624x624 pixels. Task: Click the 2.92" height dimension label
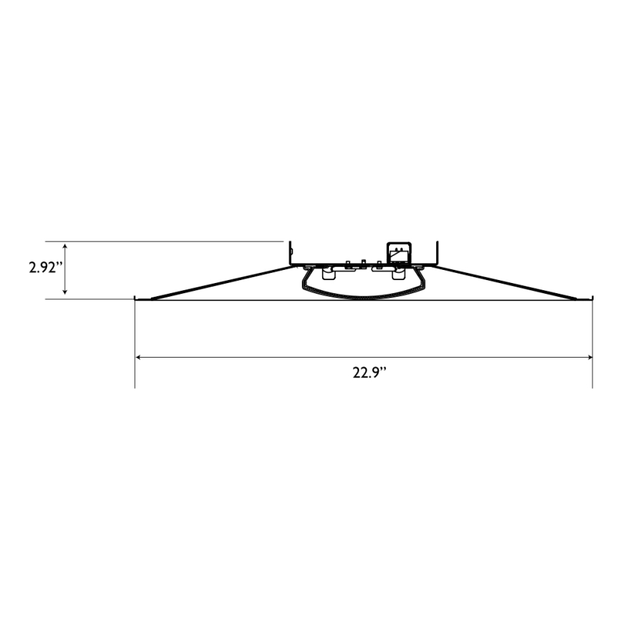pyautogui.click(x=43, y=267)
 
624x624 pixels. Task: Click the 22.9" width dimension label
pyautogui.click(x=369, y=373)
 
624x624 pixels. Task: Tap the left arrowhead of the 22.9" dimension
pyautogui.click(x=139, y=357)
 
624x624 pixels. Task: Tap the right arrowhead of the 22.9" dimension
pyautogui.click(x=589, y=357)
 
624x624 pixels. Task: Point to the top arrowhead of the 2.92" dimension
pyautogui.click(x=65, y=245)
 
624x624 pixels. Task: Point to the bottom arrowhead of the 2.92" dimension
pyautogui.click(x=65, y=294)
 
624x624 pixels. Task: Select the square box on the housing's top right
pyautogui.click(x=398, y=250)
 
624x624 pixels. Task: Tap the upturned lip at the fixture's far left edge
pyautogui.click(x=136, y=297)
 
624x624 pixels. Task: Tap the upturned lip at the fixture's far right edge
pyautogui.click(x=592, y=297)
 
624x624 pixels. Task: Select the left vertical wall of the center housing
pyautogui.click(x=290, y=253)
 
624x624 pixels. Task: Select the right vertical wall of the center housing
pyautogui.click(x=437, y=253)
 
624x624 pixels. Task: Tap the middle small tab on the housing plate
pyautogui.click(x=363, y=262)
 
